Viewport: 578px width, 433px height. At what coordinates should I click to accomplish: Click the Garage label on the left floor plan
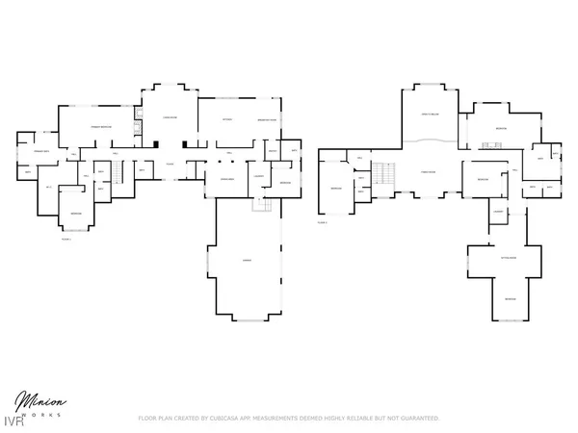[247, 261]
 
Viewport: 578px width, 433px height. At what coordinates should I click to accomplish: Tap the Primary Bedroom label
[103, 127]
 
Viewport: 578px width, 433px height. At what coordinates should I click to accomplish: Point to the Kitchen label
[227, 119]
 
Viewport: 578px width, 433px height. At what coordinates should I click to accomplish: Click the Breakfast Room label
[267, 119]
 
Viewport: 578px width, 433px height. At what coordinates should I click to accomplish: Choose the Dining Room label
[228, 179]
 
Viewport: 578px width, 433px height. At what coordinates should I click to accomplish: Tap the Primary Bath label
[42, 152]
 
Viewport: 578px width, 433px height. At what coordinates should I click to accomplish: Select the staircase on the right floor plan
[383, 176]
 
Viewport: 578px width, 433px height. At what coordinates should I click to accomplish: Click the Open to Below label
[430, 114]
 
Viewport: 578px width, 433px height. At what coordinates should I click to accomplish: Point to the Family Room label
[429, 172]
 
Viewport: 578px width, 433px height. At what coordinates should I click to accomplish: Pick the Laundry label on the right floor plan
[498, 212]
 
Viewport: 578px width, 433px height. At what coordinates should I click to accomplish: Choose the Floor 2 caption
[323, 221]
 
